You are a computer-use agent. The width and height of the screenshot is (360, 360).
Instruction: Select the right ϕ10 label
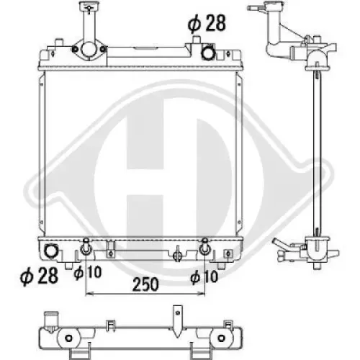coord(204,274)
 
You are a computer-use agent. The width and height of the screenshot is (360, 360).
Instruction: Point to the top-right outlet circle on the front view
coord(207,52)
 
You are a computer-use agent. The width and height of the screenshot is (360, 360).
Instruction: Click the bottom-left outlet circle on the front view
coord(51,251)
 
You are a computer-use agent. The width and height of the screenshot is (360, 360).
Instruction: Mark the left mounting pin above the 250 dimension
coord(86,248)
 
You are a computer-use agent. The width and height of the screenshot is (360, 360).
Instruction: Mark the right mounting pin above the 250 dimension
coord(204,248)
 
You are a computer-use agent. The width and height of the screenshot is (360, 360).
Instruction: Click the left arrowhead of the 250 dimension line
coord(89,294)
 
